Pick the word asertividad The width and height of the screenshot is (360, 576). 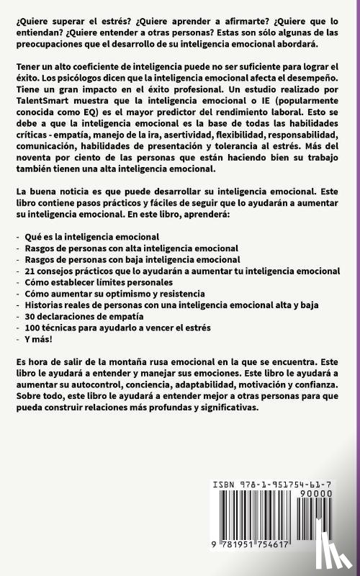click(218, 147)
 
